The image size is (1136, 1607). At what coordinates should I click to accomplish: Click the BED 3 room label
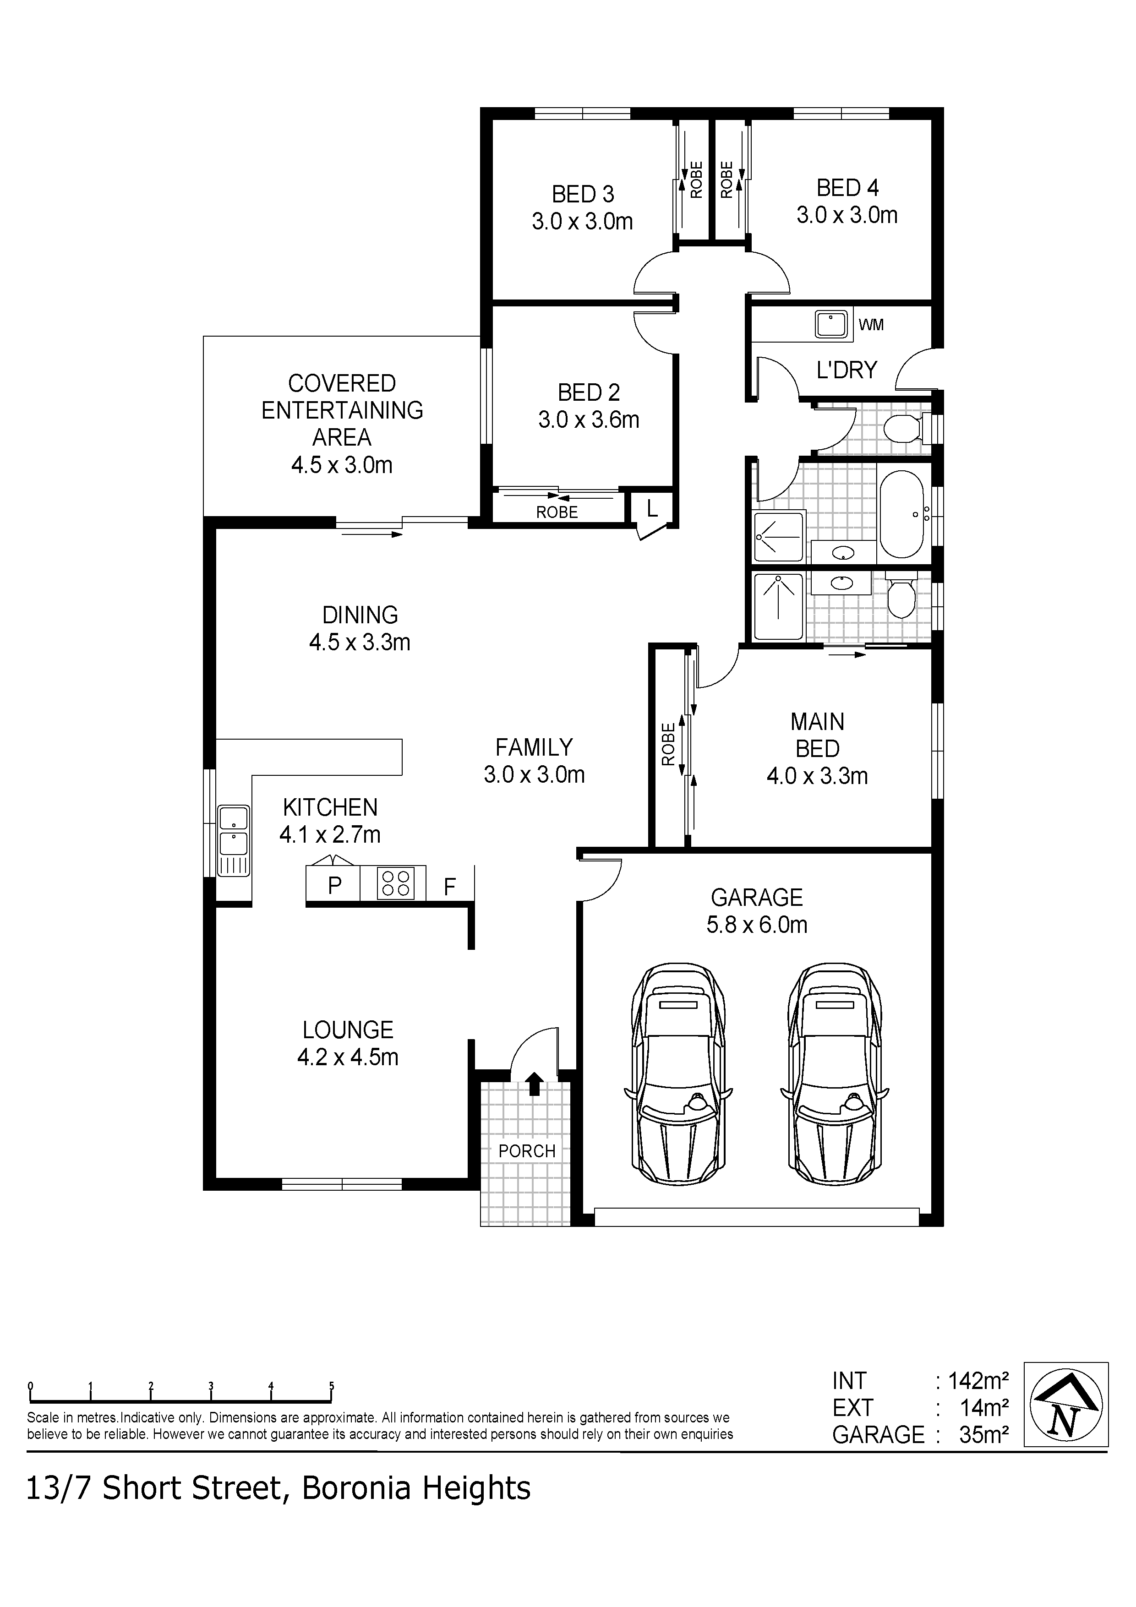coord(583,194)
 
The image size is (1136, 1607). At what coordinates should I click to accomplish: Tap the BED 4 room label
coord(847,188)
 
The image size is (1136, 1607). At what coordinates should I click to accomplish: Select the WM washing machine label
coord(871,325)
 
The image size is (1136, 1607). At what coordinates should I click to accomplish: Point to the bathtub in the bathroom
coord(903,514)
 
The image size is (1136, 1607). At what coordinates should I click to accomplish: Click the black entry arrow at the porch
coord(534,1084)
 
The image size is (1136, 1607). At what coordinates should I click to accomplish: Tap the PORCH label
coord(527,1151)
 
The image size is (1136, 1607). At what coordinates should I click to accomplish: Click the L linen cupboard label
coord(652,509)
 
